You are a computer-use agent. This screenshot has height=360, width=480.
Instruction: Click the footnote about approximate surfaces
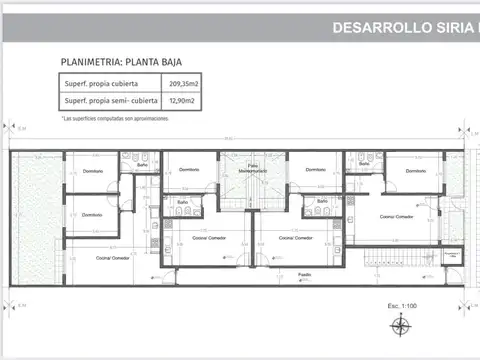(115, 118)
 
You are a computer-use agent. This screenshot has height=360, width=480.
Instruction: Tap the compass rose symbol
(401, 325)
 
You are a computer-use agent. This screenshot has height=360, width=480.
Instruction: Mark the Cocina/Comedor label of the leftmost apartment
(112, 258)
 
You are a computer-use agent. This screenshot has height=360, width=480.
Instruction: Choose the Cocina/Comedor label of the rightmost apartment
(396, 216)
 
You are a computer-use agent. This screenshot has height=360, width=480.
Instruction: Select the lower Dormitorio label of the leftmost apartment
(92, 214)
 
